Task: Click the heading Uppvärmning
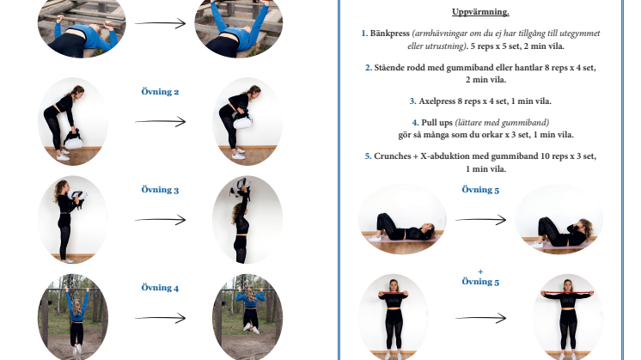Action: click(x=480, y=12)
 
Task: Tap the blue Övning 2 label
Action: click(x=160, y=92)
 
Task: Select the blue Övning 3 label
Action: click(x=160, y=190)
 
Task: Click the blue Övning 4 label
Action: click(x=160, y=288)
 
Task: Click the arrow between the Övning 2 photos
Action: click(x=160, y=121)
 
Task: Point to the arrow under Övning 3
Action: click(x=160, y=220)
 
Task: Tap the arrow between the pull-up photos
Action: click(x=160, y=318)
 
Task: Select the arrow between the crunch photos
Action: click(x=481, y=220)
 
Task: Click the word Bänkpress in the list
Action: click(x=389, y=34)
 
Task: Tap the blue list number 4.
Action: click(x=415, y=123)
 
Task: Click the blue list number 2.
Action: click(x=369, y=67)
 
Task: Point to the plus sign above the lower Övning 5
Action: click(x=480, y=272)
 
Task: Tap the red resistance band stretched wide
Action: click(x=567, y=292)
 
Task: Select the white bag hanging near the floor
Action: click(x=73, y=139)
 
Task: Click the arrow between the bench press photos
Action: click(x=160, y=23)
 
